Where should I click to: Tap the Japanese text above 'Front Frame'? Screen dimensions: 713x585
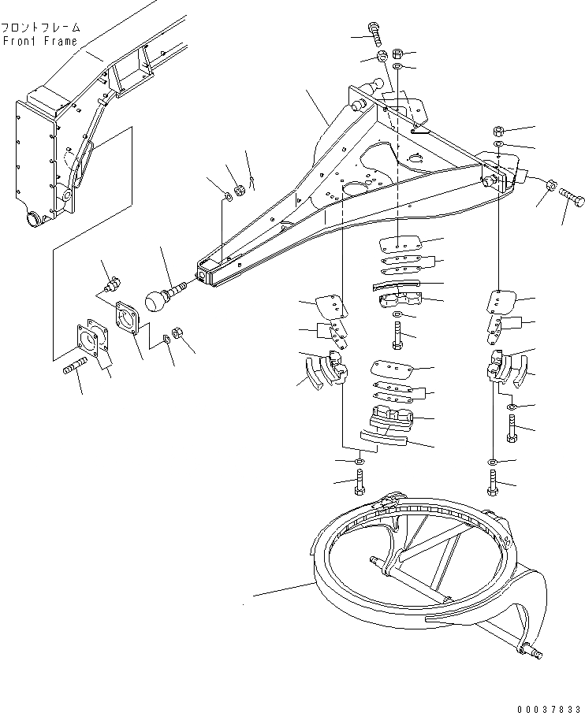pyautogui.click(x=39, y=27)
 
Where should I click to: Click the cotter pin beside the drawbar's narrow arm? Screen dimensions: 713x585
pyautogui.click(x=253, y=184)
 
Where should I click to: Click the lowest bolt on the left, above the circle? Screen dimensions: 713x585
pyautogui.click(x=360, y=481)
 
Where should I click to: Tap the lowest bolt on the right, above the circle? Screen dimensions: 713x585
pyautogui.click(x=493, y=481)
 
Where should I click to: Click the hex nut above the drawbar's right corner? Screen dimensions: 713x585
pyautogui.click(x=499, y=130)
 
